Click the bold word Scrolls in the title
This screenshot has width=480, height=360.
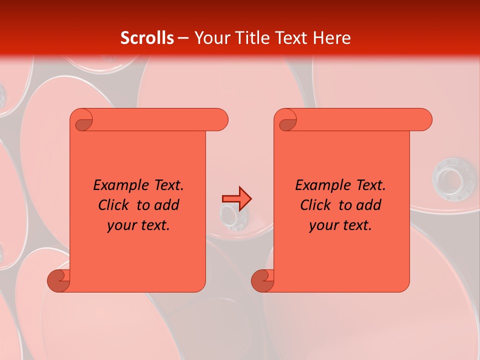pos(147,37)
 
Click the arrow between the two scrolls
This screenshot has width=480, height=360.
pos(236,199)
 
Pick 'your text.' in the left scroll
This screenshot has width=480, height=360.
pos(138,225)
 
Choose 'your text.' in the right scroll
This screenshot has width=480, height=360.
pos(340,225)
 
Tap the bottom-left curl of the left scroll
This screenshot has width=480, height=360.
pos(59,280)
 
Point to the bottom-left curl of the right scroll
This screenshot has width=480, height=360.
pos(263,280)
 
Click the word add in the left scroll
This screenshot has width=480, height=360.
pos(166,205)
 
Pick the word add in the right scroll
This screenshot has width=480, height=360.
pos(368,205)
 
